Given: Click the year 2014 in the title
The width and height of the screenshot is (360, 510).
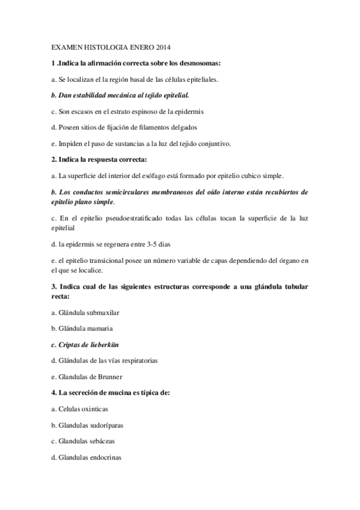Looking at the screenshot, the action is tap(163, 47).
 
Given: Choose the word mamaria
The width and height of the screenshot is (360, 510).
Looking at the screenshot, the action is tap(99, 329).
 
